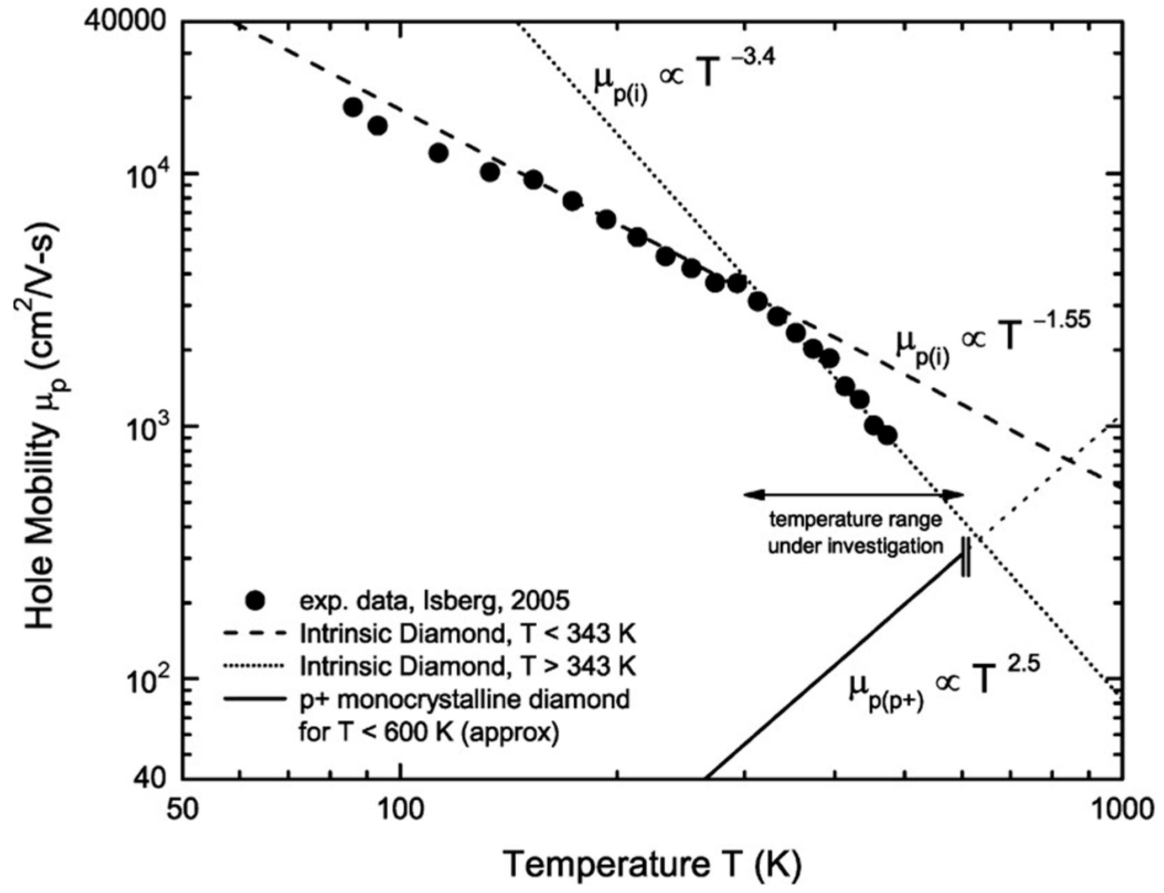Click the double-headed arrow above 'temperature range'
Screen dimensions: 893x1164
(854, 495)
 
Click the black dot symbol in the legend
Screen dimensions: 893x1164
(256, 601)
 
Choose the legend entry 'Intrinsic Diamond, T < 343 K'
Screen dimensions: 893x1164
(468, 634)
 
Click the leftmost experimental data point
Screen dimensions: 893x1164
(353, 107)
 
